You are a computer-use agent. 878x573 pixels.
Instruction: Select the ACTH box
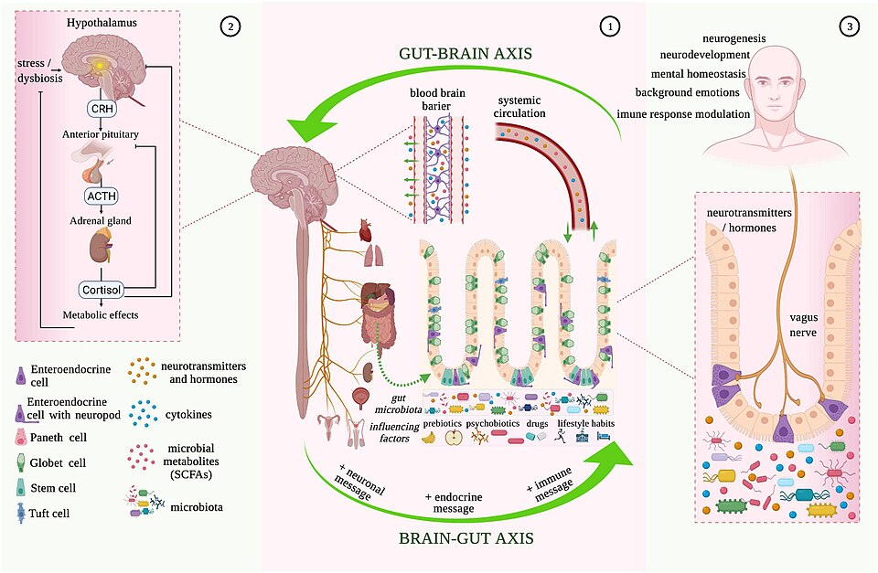(x=102, y=196)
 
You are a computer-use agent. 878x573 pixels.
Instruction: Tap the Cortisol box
(x=101, y=290)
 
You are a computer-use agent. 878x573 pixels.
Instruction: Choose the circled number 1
(x=610, y=26)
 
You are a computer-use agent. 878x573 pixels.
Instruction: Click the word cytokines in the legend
(x=186, y=415)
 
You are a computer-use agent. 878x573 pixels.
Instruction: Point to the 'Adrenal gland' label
(x=102, y=220)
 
